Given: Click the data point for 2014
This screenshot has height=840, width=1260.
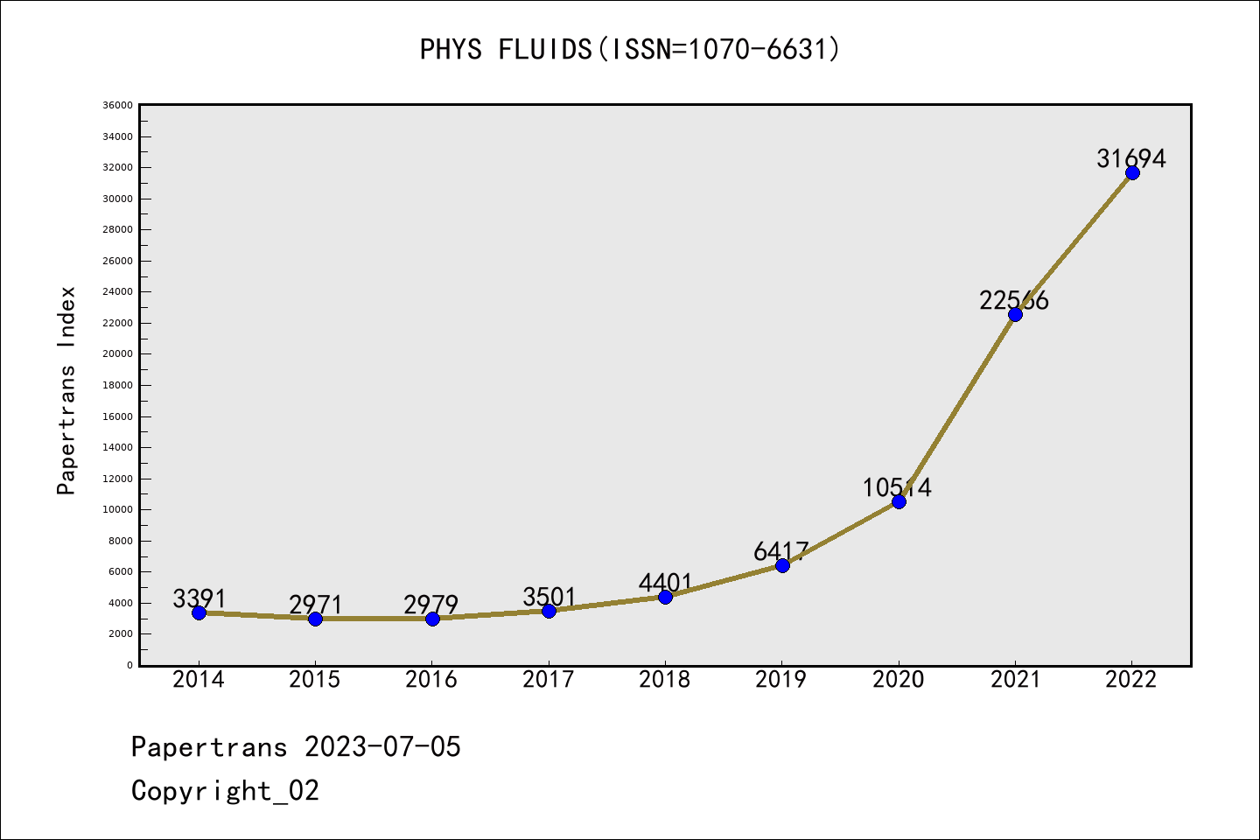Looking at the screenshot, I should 199,612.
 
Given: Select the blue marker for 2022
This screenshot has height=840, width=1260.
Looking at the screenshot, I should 1132,172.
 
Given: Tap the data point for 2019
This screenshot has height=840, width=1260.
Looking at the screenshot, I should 782,565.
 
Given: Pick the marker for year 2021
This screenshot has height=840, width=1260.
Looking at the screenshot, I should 1015,314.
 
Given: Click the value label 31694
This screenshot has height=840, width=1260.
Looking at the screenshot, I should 1131,158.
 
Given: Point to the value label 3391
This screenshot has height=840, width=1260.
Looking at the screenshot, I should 199,598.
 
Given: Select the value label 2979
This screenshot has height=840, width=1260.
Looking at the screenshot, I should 430,605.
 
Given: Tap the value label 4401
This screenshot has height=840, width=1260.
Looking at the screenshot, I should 665,583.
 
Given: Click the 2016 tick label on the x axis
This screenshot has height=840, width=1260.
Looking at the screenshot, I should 431,680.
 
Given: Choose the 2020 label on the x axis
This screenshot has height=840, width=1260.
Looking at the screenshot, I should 898,680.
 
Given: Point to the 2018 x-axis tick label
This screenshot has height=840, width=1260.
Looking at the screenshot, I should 665,680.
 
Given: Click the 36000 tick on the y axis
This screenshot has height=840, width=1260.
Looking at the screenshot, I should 118,105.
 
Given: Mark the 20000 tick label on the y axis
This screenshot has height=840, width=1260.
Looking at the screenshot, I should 118,353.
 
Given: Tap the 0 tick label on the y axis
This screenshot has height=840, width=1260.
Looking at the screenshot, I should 129,665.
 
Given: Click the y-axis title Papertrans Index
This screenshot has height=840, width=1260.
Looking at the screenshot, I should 66,390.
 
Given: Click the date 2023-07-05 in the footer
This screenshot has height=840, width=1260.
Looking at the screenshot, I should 382,747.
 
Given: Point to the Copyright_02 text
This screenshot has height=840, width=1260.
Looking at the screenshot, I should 225,791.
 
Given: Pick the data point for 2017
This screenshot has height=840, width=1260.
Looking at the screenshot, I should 549,611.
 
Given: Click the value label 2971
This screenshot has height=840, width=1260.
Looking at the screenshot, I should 316,605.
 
